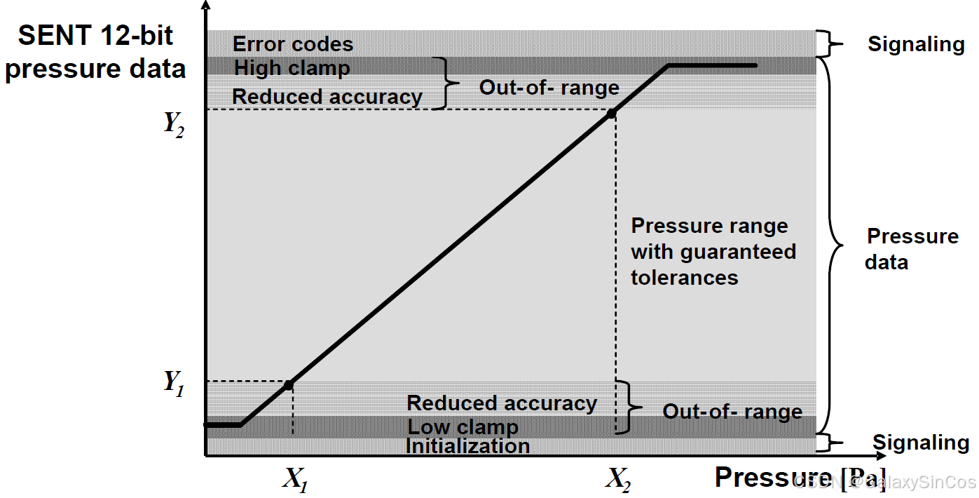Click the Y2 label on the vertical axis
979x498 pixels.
pyautogui.click(x=173, y=124)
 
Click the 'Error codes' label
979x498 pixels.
pyautogui.click(x=293, y=44)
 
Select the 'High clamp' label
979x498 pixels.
pyautogui.click(x=292, y=68)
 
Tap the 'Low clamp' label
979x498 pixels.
pyautogui.click(x=463, y=427)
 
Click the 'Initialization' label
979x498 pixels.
pyautogui.click(x=468, y=446)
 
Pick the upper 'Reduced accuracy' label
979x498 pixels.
pyautogui.click(x=327, y=97)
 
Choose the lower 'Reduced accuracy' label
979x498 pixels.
pyautogui.click(x=502, y=403)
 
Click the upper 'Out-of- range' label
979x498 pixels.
pyautogui.click(x=549, y=88)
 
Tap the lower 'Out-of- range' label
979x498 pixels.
pyautogui.click(x=732, y=412)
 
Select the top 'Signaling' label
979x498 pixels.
pyautogui.click(x=916, y=44)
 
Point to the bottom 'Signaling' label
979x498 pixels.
pyautogui.click(x=921, y=443)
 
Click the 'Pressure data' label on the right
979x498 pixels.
pyautogui.click(x=911, y=249)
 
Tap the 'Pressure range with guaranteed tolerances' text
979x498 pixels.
pyautogui.click(x=713, y=251)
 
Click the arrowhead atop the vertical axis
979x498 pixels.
pyautogui.click(x=205, y=6)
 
